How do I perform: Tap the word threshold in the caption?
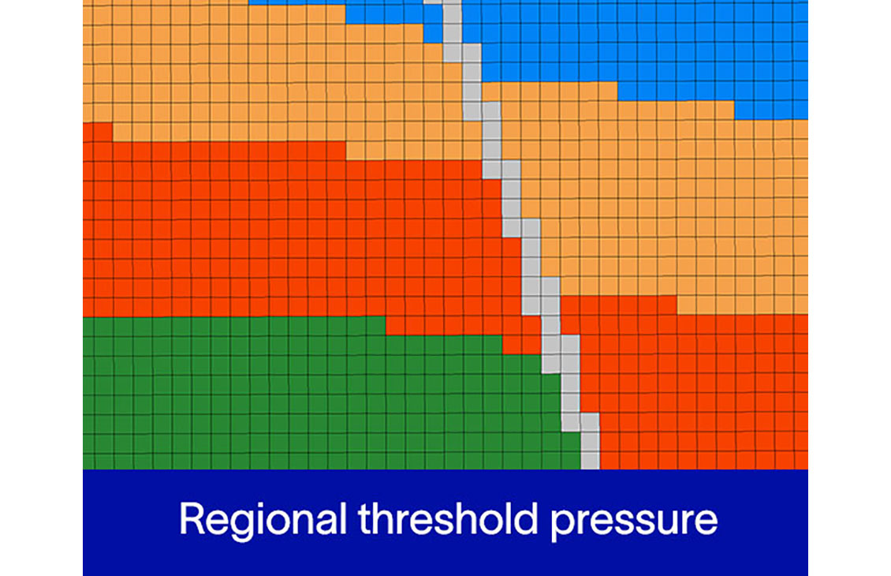click(x=448, y=518)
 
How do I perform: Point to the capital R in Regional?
click(x=192, y=518)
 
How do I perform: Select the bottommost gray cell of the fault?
click(x=590, y=459)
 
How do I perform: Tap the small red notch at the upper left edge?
click(x=97, y=131)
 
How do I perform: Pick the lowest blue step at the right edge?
click(x=771, y=110)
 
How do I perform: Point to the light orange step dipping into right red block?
click(x=742, y=305)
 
